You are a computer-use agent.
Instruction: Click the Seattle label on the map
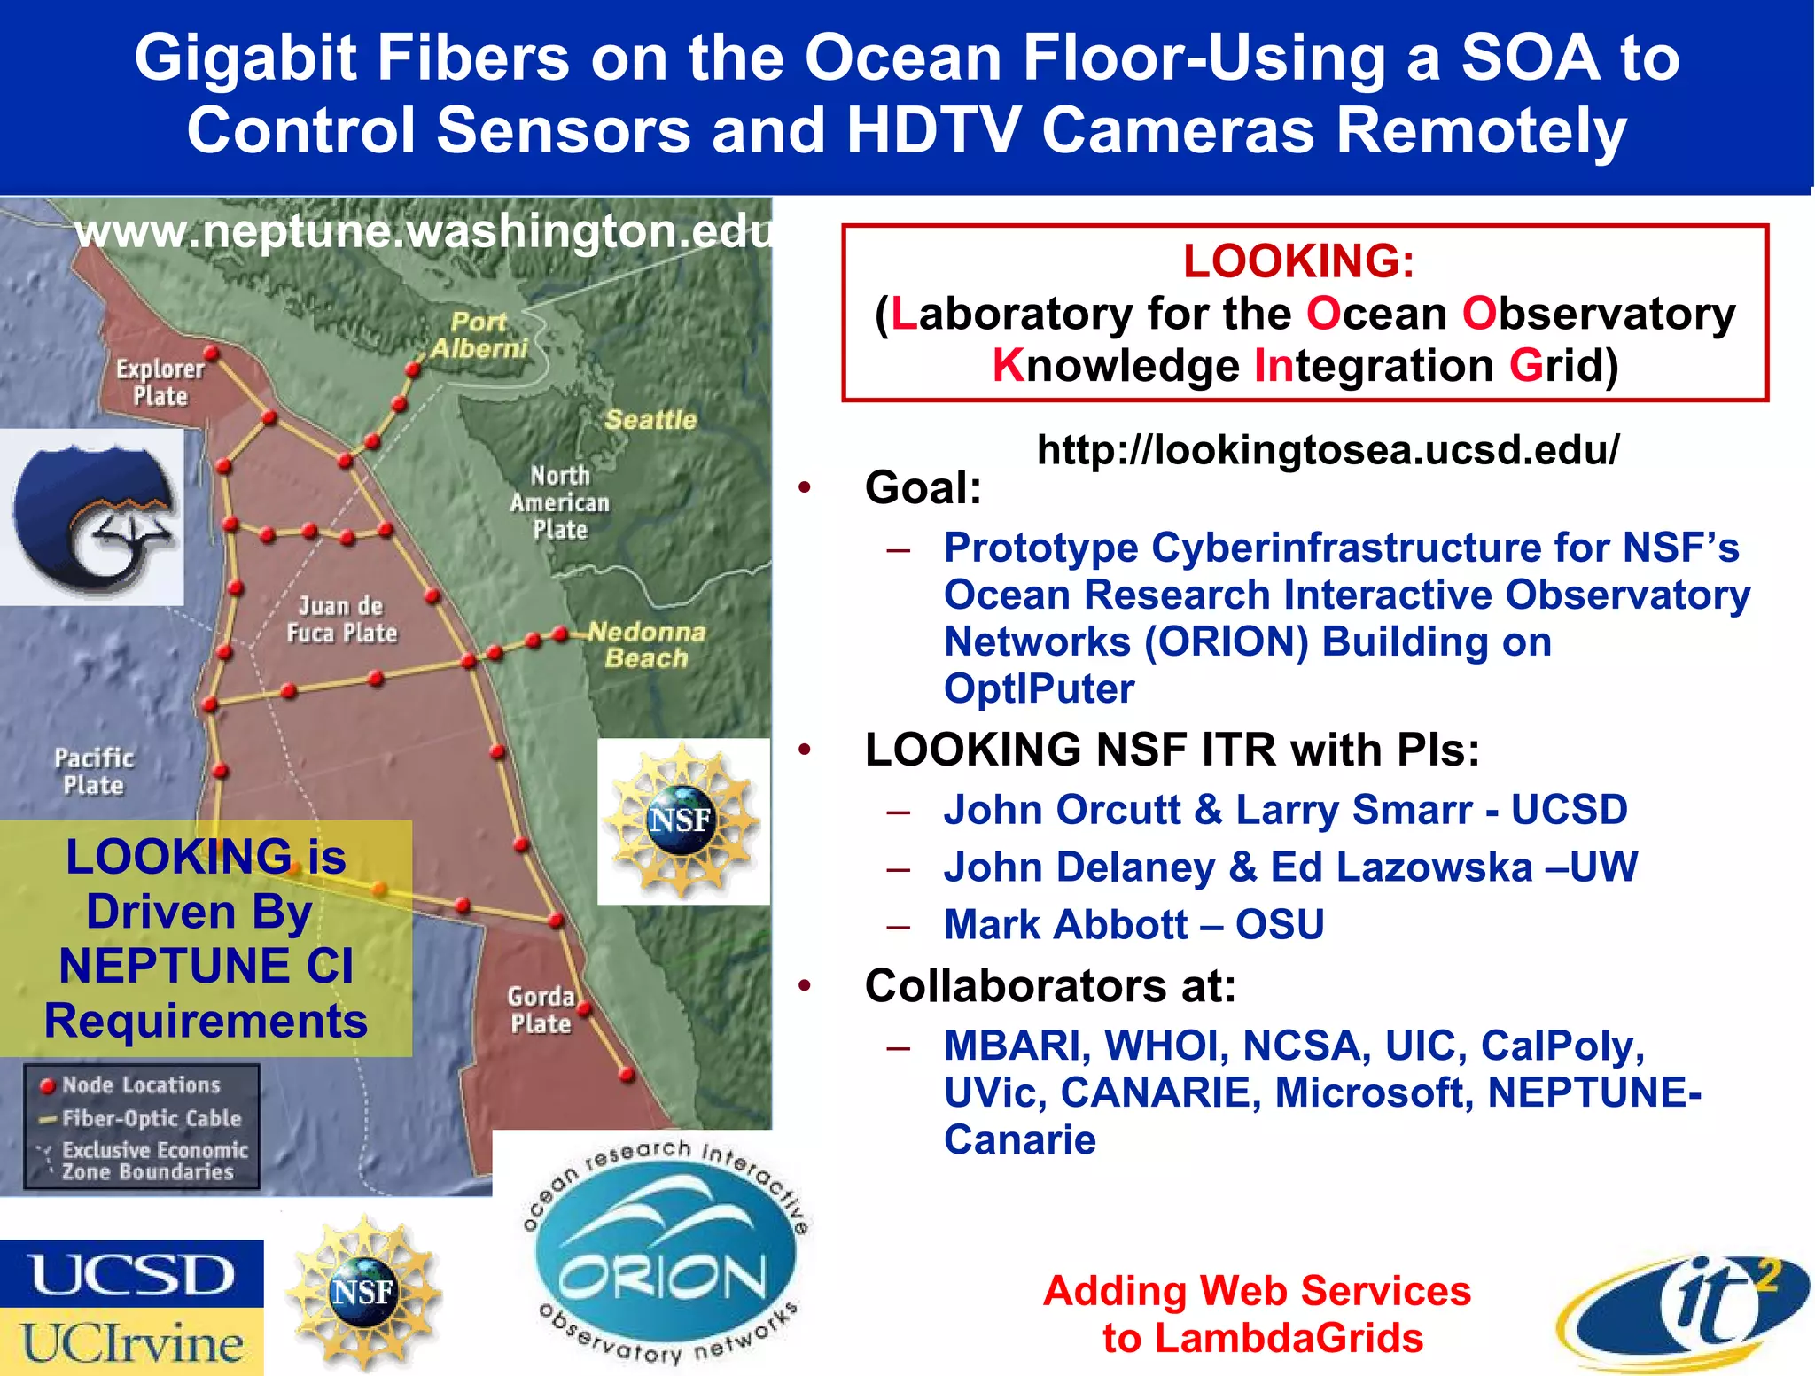click(x=650, y=420)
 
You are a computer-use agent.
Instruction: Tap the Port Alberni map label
click(x=479, y=335)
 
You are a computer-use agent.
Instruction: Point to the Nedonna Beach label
click(x=647, y=645)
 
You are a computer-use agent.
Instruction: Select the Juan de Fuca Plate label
click(x=342, y=619)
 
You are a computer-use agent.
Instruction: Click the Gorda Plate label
click(x=541, y=1010)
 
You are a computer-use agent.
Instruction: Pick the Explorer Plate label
click(x=160, y=383)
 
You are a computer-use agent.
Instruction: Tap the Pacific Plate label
click(x=93, y=772)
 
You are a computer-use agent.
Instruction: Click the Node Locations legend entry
click(x=140, y=1085)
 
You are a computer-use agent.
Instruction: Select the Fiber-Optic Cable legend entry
click(x=151, y=1118)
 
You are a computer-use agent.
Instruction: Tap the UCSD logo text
click(x=131, y=1275)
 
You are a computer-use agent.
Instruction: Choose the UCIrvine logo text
click(x=131, y=1343)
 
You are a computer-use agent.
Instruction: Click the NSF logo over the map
click(x=682, y=820)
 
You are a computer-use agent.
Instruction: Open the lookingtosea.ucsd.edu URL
click(x=1327, y=450)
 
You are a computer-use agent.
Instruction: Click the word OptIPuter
click(x=1039, y=689)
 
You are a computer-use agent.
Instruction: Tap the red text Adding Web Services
click(x=1257, y=1291)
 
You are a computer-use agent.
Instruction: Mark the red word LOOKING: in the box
click(x=1298, y=261)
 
